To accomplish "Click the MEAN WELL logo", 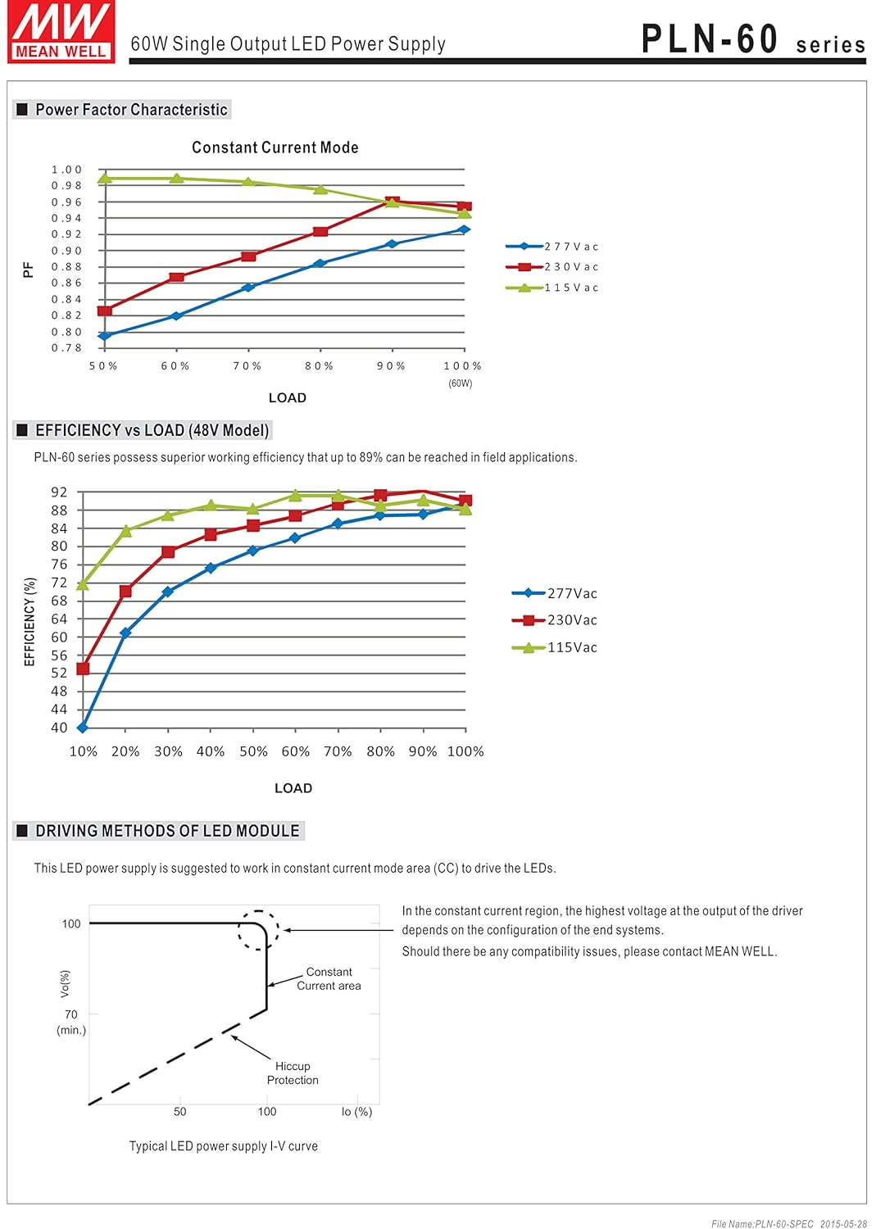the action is tap(61, 31).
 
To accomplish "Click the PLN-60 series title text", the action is tap(753, 39).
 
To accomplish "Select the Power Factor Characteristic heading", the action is tap(121, 109).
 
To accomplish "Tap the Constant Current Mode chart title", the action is tap(275, 147).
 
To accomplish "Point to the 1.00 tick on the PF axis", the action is tap(66, 170).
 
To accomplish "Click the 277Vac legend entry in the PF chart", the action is tap(551, 247).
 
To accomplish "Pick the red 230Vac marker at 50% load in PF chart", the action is tap(104, 311).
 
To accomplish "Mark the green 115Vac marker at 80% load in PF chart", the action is tap(320, 189).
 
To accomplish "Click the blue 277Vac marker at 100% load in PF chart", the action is tap(465, 230).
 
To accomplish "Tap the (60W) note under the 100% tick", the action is tap(460, 383).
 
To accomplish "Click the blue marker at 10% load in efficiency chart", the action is tap(82, 728).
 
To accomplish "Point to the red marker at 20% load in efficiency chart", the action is tap(125, 591).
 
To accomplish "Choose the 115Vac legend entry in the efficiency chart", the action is tap(554, 647).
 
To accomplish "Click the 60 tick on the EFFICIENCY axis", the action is tap(59, 637).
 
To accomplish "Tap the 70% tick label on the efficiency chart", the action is tap(338, 751).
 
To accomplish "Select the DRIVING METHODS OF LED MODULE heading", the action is tap(158, 831).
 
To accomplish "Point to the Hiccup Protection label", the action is tap(293, 1073).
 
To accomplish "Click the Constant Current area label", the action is tap(329, 978).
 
